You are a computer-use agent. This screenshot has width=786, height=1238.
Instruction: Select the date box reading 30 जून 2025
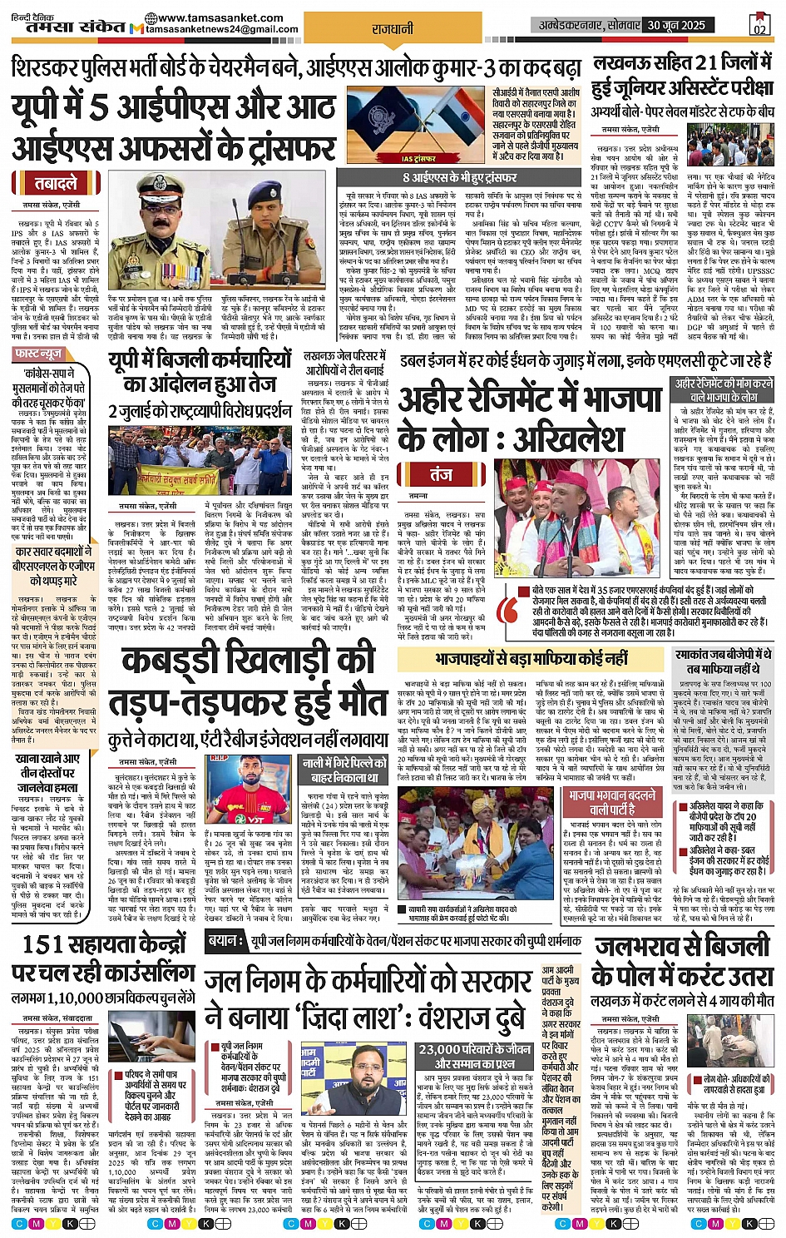click(676, 25)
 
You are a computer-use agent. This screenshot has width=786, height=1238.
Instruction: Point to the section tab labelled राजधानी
click(393, 28)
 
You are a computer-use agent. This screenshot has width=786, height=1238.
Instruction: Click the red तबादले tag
click(56, 184)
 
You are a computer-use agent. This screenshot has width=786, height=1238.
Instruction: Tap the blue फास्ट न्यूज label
click(40, 354)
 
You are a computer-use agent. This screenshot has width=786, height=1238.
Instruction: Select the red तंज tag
click(441, 474)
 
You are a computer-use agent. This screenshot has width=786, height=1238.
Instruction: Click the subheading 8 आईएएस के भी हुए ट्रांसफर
click(460, 177)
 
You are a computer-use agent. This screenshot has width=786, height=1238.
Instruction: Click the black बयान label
click(225, 940)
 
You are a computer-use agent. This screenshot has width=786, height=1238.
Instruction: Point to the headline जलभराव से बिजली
click(682, 947)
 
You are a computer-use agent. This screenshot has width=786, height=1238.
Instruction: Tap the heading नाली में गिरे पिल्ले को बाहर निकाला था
click(344, 769)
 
